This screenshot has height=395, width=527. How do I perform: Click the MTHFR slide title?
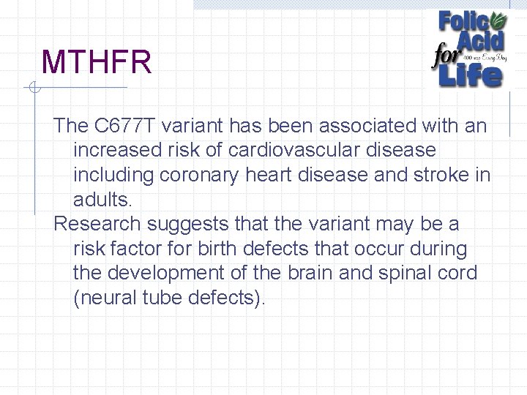[97, 63]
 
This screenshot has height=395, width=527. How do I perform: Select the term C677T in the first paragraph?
[124, 126]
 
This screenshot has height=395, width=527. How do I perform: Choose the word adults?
[102, 200]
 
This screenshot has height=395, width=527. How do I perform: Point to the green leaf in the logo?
[497, 20]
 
